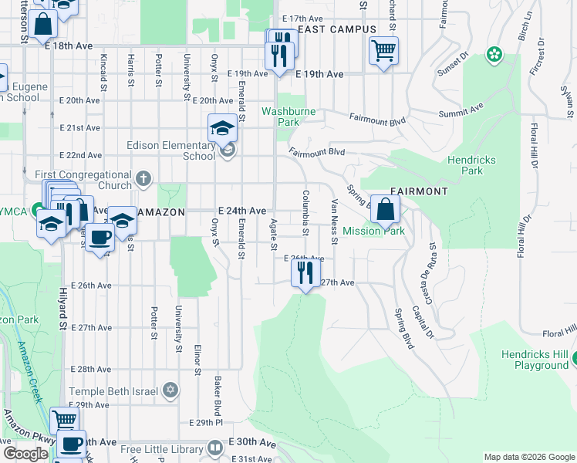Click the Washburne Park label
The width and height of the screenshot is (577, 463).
[x=279, y=117]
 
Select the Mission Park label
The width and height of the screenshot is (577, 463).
[x=373, y=231]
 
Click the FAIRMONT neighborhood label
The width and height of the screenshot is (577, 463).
[x=419, y=191]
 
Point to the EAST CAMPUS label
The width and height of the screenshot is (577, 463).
[x=337, y=29]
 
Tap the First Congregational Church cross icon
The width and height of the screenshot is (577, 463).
[x=142, y=180]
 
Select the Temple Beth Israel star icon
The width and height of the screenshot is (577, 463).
[x=170, y=390]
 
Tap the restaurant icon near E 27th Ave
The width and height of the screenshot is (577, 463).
[x=306, y=272]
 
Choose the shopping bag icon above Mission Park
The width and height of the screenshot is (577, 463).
[x=385, y=208]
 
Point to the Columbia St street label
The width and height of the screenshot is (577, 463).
[x=305, y=213]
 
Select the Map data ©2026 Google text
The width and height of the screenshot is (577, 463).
[x=528, y=457]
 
